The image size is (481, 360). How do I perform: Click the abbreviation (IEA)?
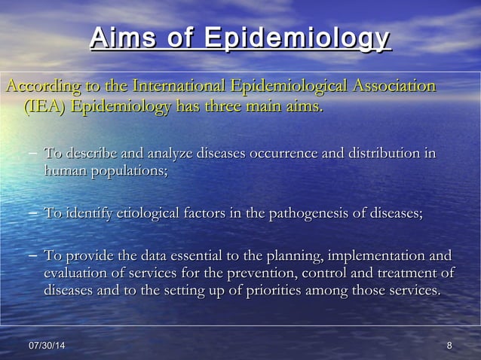(45, 107)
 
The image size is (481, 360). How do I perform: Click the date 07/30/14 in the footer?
(47, 345)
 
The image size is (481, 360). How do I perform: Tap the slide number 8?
(449, 345)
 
